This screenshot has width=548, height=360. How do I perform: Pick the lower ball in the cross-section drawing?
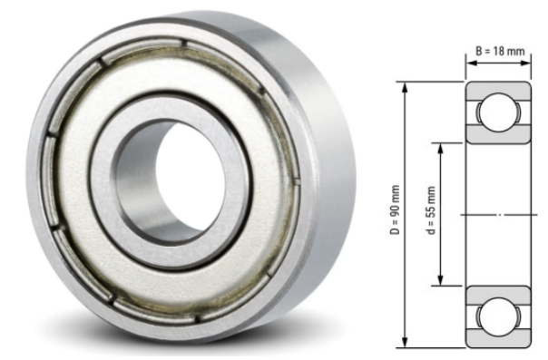pos(498,317)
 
